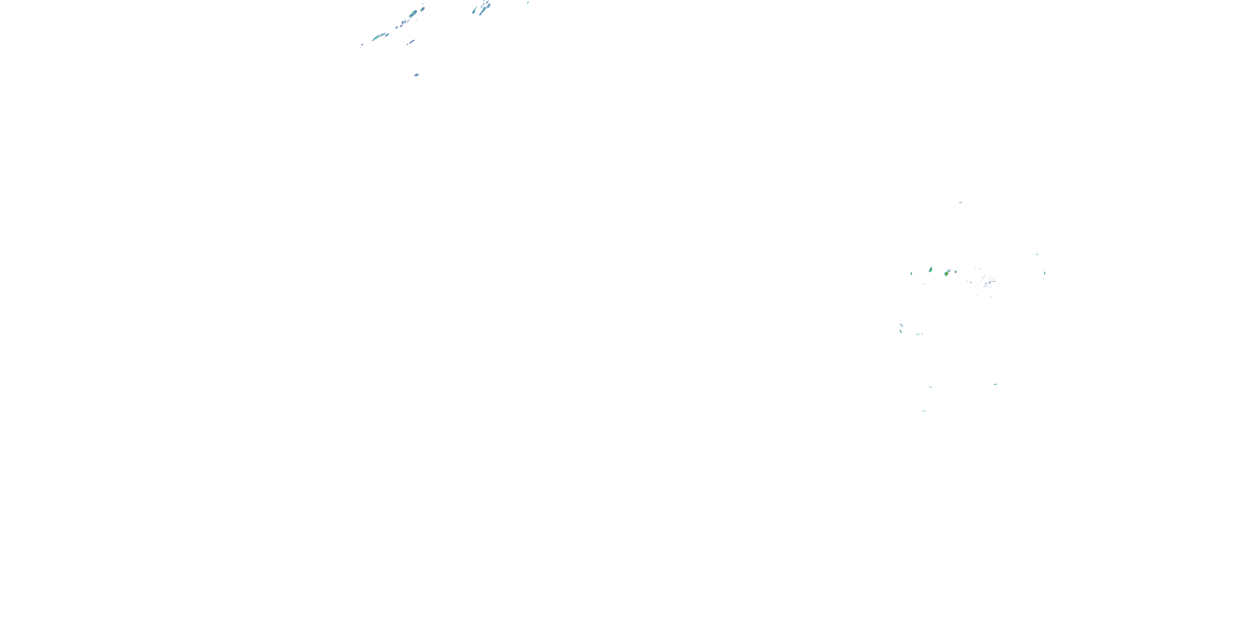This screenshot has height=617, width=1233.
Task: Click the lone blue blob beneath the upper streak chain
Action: [x=416, y=75]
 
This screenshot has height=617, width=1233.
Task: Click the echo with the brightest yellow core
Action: [x=947, y=273]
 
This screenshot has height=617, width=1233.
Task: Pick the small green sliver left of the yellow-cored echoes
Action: [x=911, y=274]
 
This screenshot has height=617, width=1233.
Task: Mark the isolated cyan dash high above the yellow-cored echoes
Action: [x=960, y=203]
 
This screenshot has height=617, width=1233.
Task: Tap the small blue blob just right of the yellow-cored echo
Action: [x=956, y=271]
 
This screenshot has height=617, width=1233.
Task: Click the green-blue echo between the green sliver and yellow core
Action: [x=931, y=270]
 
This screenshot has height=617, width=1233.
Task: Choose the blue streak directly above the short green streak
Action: [x=901, y=325]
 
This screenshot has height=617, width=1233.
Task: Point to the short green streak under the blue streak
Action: [x=901, y=331]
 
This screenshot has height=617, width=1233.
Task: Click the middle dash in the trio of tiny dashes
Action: [x=918, y=334]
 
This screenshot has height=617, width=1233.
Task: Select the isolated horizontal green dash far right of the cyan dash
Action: [x=995, y=384]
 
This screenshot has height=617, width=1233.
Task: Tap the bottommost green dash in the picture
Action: [x=924, y=411]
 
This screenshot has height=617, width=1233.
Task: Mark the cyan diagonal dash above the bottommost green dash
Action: [x=930, y=387]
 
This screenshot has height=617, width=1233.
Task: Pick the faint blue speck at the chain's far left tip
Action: [x=362, y=46]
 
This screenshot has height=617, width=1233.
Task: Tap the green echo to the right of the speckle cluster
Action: [x=1044, y=273]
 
